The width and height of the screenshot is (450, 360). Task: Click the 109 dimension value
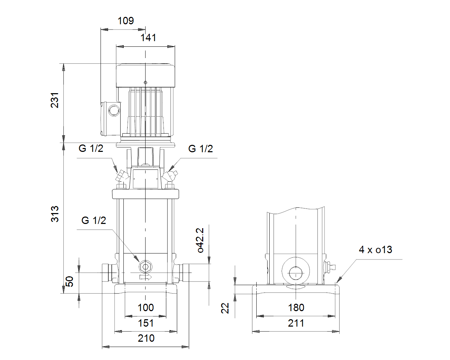[x=126, y=21]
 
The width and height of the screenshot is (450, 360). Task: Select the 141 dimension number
[x=148, y=38]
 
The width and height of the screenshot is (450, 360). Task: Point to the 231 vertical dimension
[x=55, y=100]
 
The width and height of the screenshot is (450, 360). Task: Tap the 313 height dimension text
[x=55, y=214]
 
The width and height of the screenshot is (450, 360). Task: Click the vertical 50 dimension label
[x=70, y=281]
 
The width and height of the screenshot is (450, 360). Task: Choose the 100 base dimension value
[x=146, y=308]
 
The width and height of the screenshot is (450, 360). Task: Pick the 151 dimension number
[x=146, y=323]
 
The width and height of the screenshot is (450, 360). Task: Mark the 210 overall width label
[x=146, y=338]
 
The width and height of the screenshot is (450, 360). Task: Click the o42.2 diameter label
[x=200, y=240]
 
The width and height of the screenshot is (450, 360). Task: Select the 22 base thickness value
[x=225, y=308]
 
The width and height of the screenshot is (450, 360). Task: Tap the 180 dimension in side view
[x=296, y=308]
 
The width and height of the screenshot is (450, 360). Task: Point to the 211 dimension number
[x=296, y=323]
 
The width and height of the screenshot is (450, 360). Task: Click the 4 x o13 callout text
[x=375, y=250]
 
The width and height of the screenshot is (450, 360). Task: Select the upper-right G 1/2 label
[x=200, y=149]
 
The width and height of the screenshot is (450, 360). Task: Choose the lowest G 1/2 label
[x=94, y=220]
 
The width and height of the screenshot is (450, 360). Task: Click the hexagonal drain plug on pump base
[x=145, y=267]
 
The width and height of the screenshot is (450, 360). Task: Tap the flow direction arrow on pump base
[x=146, y=277]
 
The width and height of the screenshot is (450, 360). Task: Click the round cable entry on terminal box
[x=114, y=111]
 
